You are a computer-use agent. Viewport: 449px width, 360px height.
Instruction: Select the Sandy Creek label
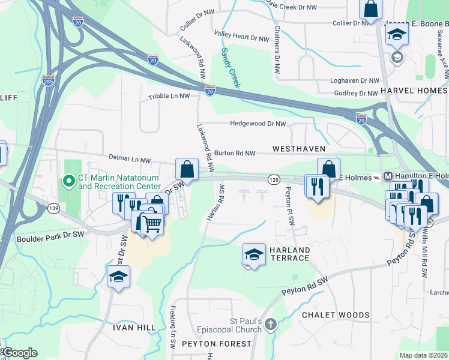[230, 68]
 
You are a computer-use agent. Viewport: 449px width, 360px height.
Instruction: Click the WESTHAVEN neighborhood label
[299, 148]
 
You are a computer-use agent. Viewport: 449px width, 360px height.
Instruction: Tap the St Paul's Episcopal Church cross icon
[271, 325]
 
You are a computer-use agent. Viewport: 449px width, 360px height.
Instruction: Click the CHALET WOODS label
[336, 315]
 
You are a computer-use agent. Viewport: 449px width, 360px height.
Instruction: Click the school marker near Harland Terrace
[254, 254]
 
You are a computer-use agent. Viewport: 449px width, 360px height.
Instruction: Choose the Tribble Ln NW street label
[169, 96]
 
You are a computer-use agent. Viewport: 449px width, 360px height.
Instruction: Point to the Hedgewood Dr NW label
[258, 124]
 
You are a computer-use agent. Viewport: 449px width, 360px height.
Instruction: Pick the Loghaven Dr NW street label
[355, 80]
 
